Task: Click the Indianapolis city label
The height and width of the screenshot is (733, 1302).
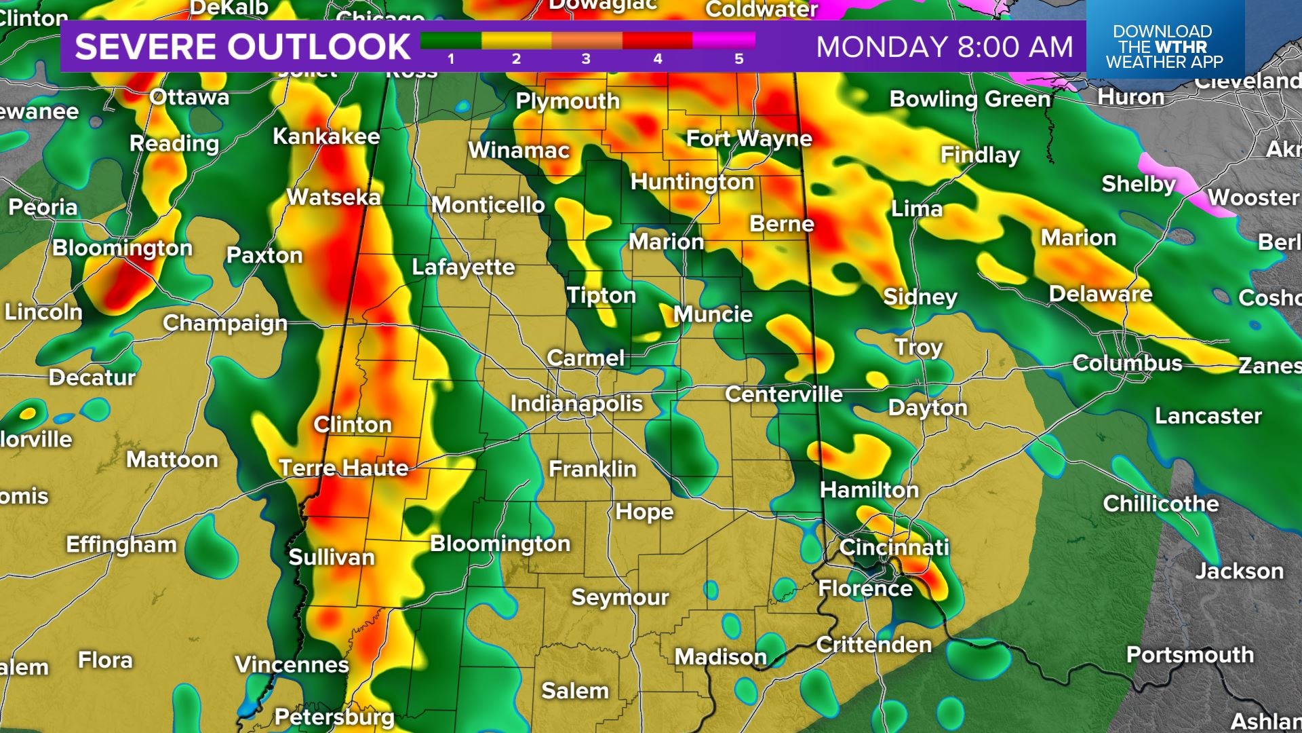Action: (x=576, y=404)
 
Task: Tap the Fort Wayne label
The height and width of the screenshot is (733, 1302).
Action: (x=749, y=139)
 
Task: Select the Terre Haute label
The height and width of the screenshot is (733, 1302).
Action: (x=344, y=468)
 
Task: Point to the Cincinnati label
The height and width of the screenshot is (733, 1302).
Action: (x=894, y=547)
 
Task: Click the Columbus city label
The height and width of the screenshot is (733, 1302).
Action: (x=1127, y=363)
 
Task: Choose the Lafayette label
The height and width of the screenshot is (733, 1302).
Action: (x=463, y=267)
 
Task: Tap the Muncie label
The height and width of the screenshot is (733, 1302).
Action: (x=713, y=314)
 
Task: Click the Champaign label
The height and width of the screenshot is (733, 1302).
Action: (x=225, y=323)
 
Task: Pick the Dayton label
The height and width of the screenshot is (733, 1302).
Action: (x=928, y=407)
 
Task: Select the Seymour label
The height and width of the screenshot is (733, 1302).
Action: (x=620, y=597)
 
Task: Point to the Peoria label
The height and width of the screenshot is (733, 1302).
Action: (x=43, y=207)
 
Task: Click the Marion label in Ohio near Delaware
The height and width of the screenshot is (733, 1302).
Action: (x=1078, y=238)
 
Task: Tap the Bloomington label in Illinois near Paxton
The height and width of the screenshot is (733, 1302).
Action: (x=123, y=248)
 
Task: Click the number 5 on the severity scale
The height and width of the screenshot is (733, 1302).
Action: (x=738, y=59)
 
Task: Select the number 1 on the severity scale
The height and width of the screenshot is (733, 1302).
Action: (x=451, y=59)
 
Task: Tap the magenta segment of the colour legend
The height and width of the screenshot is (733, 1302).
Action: (x=724, y=41)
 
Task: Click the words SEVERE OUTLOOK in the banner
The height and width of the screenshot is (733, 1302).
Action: (x=242, y=47)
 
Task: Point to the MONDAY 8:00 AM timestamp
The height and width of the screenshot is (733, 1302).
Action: (x=945, y=47)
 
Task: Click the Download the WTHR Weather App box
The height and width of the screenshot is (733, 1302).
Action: (x=1164, y=47)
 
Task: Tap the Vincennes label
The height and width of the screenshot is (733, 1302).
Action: (x=292, y=664)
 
